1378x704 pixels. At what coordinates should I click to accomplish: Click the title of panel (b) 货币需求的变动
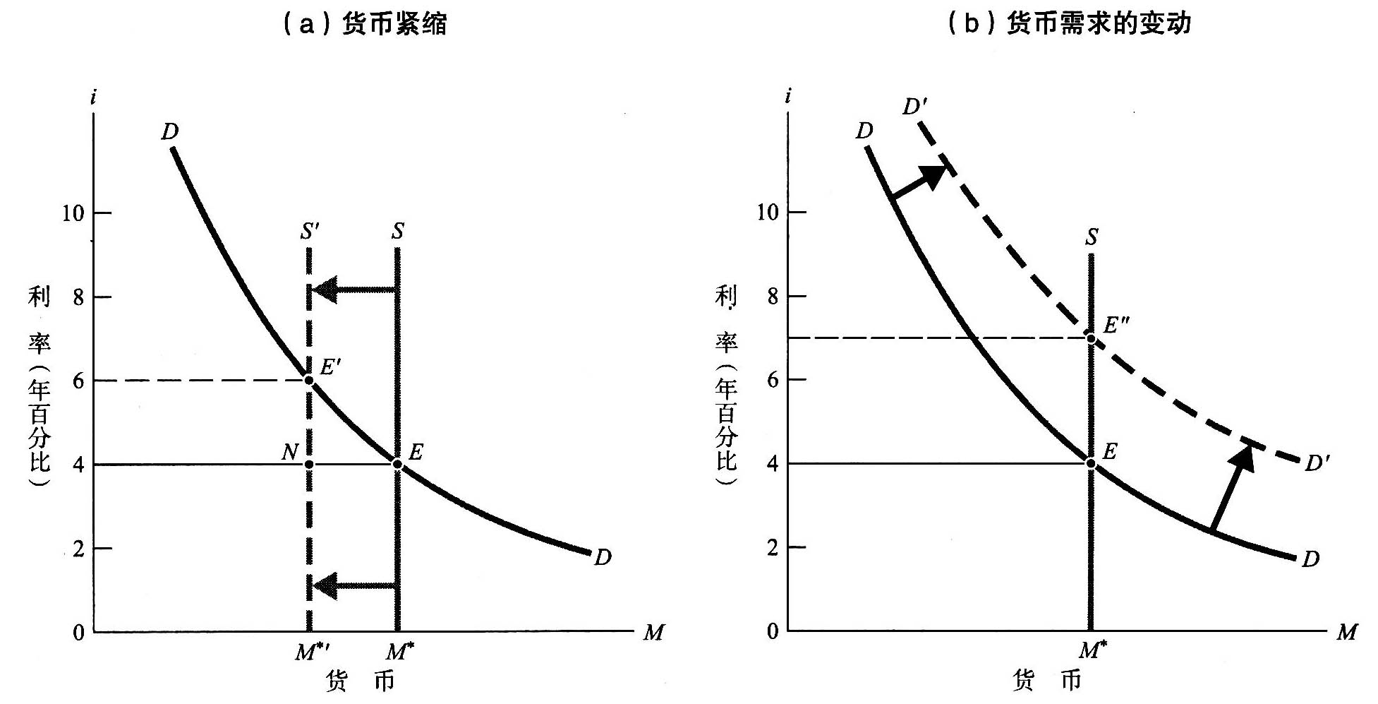tap(1069, 23)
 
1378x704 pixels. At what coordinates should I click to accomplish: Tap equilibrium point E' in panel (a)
tap(308, 381)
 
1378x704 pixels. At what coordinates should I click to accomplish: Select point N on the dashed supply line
tap(308, 465)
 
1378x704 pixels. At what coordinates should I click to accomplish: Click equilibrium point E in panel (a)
tap(397, 464)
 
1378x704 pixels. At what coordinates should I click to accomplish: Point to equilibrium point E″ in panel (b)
tap(1091, 338)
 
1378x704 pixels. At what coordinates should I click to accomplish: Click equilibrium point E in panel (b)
tap(1091, 463)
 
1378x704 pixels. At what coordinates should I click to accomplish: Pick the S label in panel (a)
tap(398, 231)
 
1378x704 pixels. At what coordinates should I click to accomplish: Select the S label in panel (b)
tap(1092, 237)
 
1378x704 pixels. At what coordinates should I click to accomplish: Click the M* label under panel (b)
tap(1091, 650)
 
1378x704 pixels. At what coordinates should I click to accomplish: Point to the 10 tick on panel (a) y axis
tap(73, 213)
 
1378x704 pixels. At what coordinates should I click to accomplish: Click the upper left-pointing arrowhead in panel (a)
tap(325, 290)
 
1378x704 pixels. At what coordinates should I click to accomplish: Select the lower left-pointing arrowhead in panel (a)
tap(325, 585)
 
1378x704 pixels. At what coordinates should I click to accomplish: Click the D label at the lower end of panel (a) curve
tap(602, 558)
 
